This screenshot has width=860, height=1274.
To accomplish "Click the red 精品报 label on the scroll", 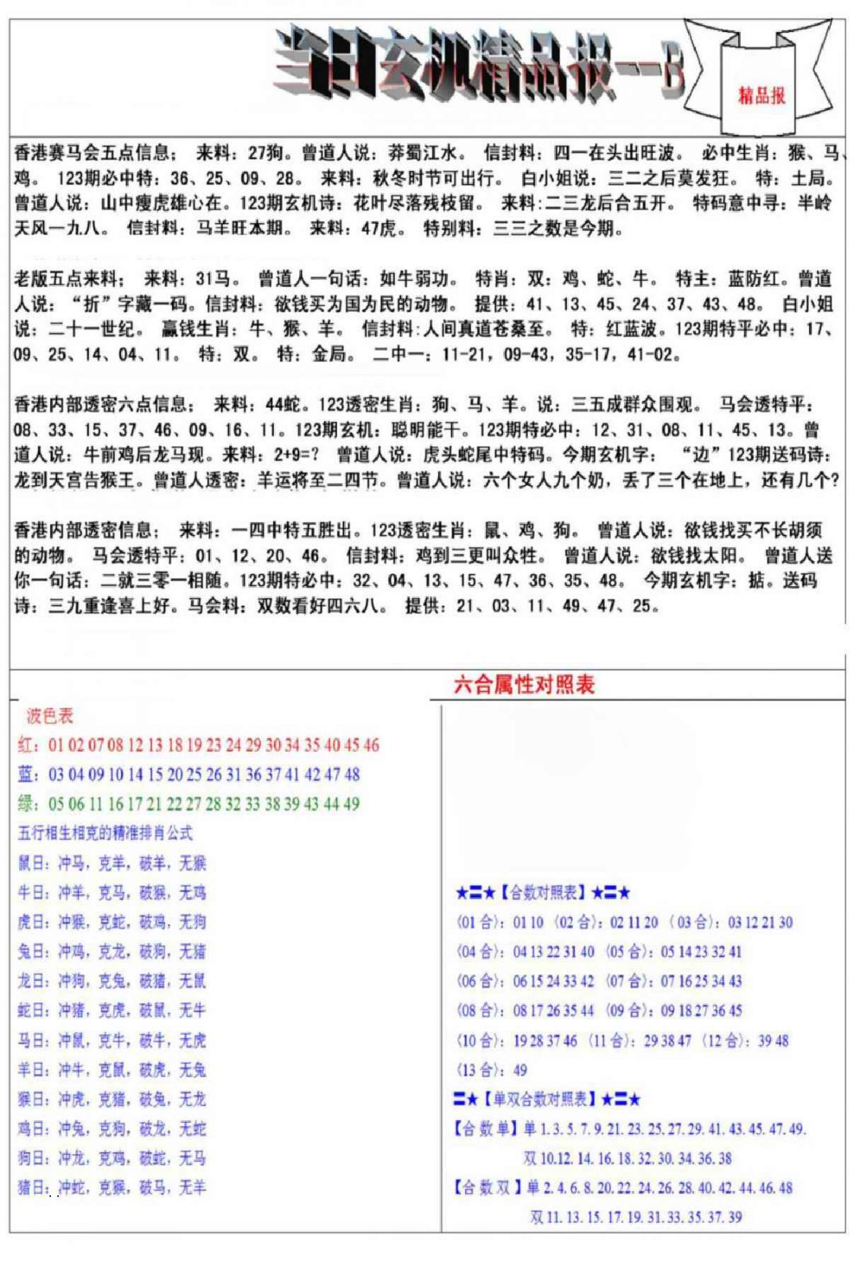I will pos(761,96).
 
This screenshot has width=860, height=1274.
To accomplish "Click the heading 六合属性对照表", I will pos(524,684).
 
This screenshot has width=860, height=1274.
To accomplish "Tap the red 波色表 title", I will pos(49,715).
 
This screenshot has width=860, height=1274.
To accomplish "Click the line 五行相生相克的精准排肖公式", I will pos(105,833).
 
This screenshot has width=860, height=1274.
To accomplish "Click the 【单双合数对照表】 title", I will pos(541,1100).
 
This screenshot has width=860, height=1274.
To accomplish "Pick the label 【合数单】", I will pos(485,1128).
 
